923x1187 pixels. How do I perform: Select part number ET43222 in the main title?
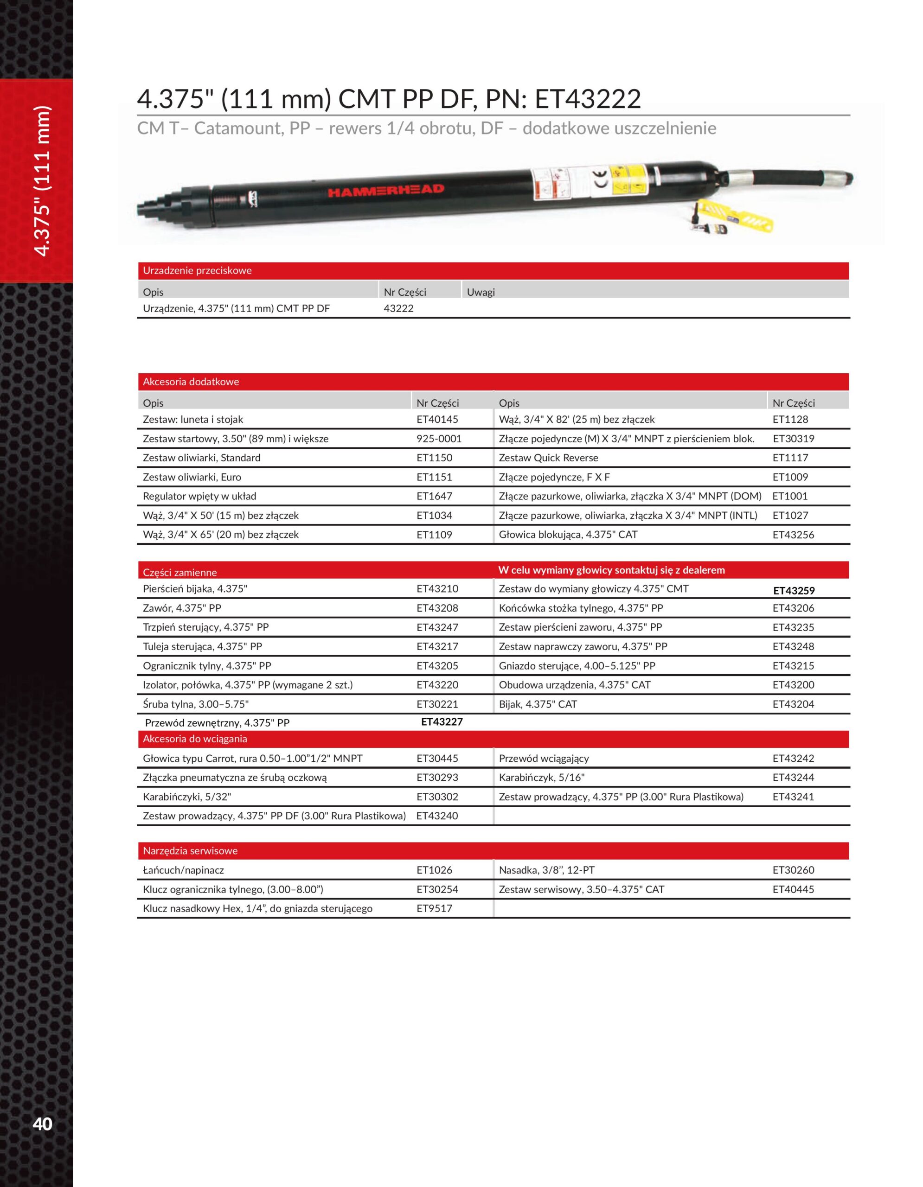point(588,99)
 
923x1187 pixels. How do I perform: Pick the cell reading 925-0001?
point(439,439)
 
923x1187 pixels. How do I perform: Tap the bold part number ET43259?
point(794,591)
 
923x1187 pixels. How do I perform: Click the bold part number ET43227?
point(442,722)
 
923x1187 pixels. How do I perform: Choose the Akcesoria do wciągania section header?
point(195,739)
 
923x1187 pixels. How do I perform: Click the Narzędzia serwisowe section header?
point(190,850)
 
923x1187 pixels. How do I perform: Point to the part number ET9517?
point(434,908)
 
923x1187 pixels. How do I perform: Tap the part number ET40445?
point(793,889)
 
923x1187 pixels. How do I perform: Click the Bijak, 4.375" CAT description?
point(538,704)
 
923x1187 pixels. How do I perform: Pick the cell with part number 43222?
point(398,308)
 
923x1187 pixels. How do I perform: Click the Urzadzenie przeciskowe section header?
point(197,270)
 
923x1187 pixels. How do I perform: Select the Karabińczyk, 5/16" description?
point(541,777)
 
